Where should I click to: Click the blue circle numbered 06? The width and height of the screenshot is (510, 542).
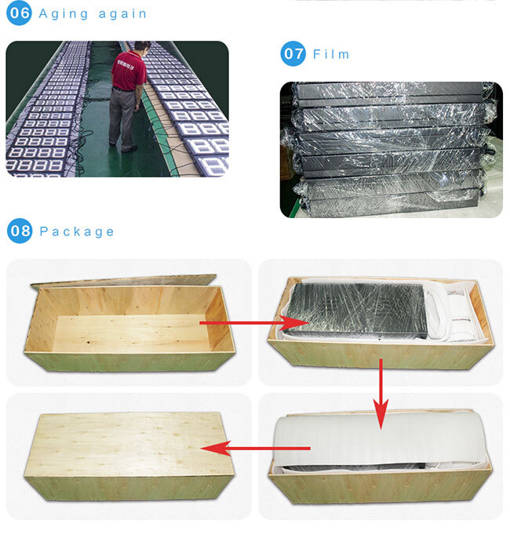tap(19, 13)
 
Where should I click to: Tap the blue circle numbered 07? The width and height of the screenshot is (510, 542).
tap(293, 53)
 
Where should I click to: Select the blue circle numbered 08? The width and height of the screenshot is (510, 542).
tap(20, 231)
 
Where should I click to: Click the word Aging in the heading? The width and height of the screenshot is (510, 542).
tap(64, 15)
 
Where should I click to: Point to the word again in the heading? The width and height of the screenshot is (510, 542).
tap(122, 14)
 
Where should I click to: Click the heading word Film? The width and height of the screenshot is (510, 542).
tap(331, 54)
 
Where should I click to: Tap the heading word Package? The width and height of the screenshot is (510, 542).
tap(76, 232)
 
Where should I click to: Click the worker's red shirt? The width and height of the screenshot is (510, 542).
tap(129, 71)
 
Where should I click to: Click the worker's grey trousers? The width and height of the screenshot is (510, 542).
tap(122, 118)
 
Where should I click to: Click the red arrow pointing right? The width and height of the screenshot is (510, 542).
tap(254, 323)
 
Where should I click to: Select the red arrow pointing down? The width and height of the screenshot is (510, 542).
tap(381, 394)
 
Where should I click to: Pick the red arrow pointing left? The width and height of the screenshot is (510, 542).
tap(255, 449)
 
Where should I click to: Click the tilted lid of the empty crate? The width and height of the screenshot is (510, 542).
tap(123, 281)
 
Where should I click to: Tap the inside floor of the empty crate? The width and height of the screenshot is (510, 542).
tap(131, 333)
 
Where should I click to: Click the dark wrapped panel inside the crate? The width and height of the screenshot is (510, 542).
tap(356, 310)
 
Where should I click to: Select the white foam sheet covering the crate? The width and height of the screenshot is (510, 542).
tap(381, 439)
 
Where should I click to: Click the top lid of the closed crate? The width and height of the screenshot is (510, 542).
tap(128, 444)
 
